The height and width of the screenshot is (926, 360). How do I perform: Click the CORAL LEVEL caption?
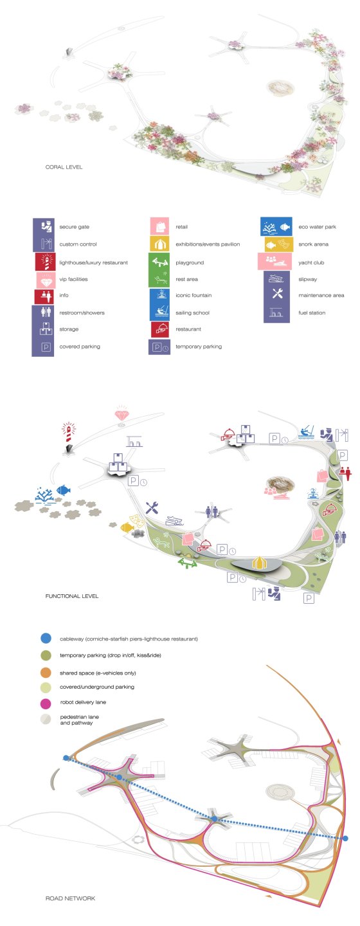(64, 167)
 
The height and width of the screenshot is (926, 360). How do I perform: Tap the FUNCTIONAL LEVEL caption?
(72, 595)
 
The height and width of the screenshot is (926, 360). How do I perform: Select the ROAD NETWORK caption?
(70, 898)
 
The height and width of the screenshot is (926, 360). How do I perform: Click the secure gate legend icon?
(46, 226)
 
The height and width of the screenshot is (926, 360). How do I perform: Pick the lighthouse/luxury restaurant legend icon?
(46, 262)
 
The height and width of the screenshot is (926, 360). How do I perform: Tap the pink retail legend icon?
(159, 226)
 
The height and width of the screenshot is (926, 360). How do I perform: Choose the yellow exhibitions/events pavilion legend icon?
(159, 244)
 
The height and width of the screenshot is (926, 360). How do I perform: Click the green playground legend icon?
(159, 262)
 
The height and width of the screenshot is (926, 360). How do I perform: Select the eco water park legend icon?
(276, 226)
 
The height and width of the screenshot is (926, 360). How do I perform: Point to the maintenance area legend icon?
(277, 295)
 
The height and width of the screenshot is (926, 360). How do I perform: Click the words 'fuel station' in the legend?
(312, 313)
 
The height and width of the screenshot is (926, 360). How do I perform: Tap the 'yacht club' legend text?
(310, 262)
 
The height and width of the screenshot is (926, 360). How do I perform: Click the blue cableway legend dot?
(46, 638)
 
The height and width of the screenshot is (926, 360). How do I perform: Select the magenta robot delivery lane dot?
(46, 702)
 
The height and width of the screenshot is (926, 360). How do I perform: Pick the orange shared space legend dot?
(46, 673)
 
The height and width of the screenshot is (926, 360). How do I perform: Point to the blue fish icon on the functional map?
(63, 489)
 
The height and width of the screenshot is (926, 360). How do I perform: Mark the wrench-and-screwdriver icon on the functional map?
(152, 507)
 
